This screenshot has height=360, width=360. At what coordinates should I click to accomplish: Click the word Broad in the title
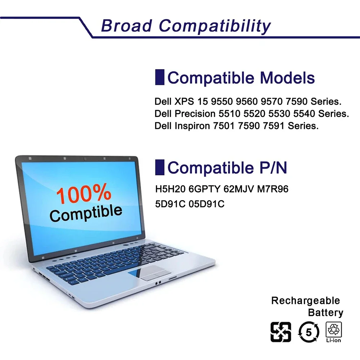(x=126, y=25)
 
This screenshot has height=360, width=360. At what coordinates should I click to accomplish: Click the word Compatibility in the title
(x=215, y=26)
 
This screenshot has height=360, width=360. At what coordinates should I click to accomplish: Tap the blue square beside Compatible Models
(x=159, y=77)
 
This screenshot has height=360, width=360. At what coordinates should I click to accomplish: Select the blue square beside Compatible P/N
(x=159, y=167)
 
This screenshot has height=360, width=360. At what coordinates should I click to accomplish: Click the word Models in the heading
(x=287, y=78)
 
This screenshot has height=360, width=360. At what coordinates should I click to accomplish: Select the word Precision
(x=195, y=114)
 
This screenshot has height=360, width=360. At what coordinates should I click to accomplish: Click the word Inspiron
(x=192, y=126)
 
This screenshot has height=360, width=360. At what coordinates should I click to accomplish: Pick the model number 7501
(x=224, y=126)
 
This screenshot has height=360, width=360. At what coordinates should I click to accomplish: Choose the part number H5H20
(x=170, y=189)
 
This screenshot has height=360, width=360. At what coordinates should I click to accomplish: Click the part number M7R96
(x=273, y=189)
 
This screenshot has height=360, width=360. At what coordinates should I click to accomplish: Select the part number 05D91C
(x=206, y=204)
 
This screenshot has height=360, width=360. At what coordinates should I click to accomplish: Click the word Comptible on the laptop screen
(x=86, y=213)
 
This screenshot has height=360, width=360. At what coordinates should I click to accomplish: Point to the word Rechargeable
(x=306, y=301)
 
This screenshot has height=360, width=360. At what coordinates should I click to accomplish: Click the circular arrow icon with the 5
(x=309, y=332)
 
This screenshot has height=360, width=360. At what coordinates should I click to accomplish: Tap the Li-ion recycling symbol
(x=334, y=332)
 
